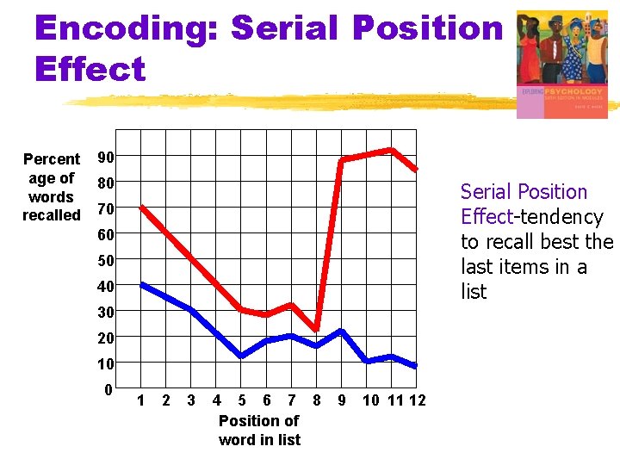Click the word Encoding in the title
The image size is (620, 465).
point(125,28)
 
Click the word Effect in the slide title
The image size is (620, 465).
point(90,69)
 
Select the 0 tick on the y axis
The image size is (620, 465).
point(108,389)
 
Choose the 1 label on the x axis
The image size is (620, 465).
point(141,400)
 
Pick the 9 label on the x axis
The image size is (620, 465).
point(342,400)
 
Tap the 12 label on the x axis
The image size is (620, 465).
point(417,400)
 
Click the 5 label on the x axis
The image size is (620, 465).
point(242,400)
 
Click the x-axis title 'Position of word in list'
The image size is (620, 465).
point(259,431)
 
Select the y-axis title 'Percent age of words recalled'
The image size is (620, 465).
point(52,187)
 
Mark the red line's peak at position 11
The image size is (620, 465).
point(392,150)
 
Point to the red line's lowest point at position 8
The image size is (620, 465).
point(317,330)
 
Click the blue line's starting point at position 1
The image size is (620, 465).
point(142,284)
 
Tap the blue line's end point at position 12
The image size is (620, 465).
point(416,367)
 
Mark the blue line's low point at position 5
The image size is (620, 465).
point(242,356)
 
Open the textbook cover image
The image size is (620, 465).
point(561,64)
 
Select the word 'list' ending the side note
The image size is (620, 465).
point(474,292)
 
